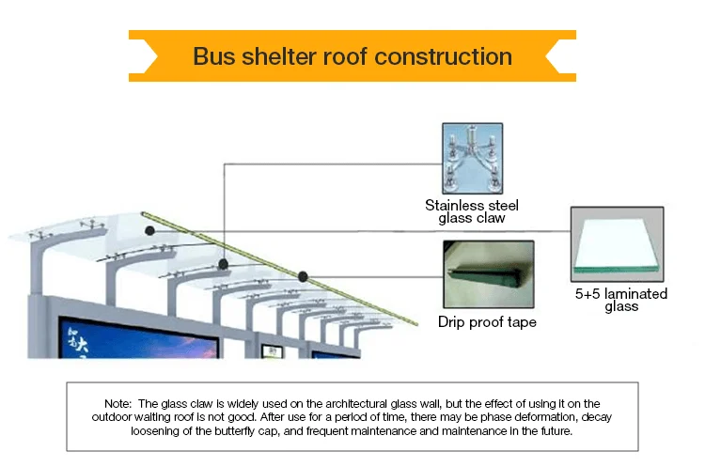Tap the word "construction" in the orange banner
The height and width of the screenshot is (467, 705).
pyautogui.click(x=444, y=55)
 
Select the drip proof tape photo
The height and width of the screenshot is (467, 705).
pyautogui.click(x=487, y=274)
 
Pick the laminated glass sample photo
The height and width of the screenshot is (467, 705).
pyautogui.click(x=617, y=244)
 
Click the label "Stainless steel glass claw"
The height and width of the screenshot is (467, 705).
pyautogui.click(x=472, y=211)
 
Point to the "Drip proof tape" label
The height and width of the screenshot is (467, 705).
pyautogui.click(x=487, y=322)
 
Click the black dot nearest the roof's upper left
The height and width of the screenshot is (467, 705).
pyautogui.click(x=149, y=228)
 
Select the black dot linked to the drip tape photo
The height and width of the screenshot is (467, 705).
pyautogui.click(x=303, y=276)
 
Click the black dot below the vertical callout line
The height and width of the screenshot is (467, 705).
pyautogui.click(x=224, y=265)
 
